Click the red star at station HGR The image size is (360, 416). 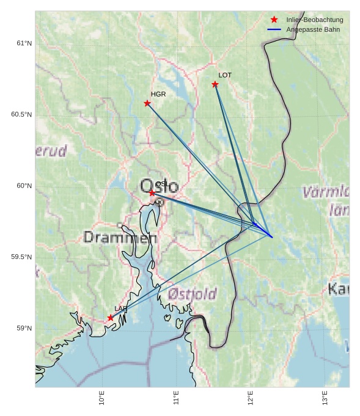pos(147,103)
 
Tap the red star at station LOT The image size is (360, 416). pos(215,84)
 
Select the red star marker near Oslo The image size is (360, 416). pos(152,193)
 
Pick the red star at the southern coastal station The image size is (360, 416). pos(111,318)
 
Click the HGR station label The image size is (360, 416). pos(158,95)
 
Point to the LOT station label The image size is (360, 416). pos(225,75)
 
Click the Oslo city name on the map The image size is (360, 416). pos(159,186)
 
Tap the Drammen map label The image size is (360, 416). pos(120,237)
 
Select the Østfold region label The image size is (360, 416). pos(192,294)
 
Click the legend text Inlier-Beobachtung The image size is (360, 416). pos(314,20)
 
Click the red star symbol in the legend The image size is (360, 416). pos(274,20)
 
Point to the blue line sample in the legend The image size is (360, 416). pos(274,30)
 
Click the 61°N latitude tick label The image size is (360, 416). pos(24,43)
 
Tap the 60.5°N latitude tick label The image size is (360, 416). pos(21,115)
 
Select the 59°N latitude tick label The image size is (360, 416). pos(24,329)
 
